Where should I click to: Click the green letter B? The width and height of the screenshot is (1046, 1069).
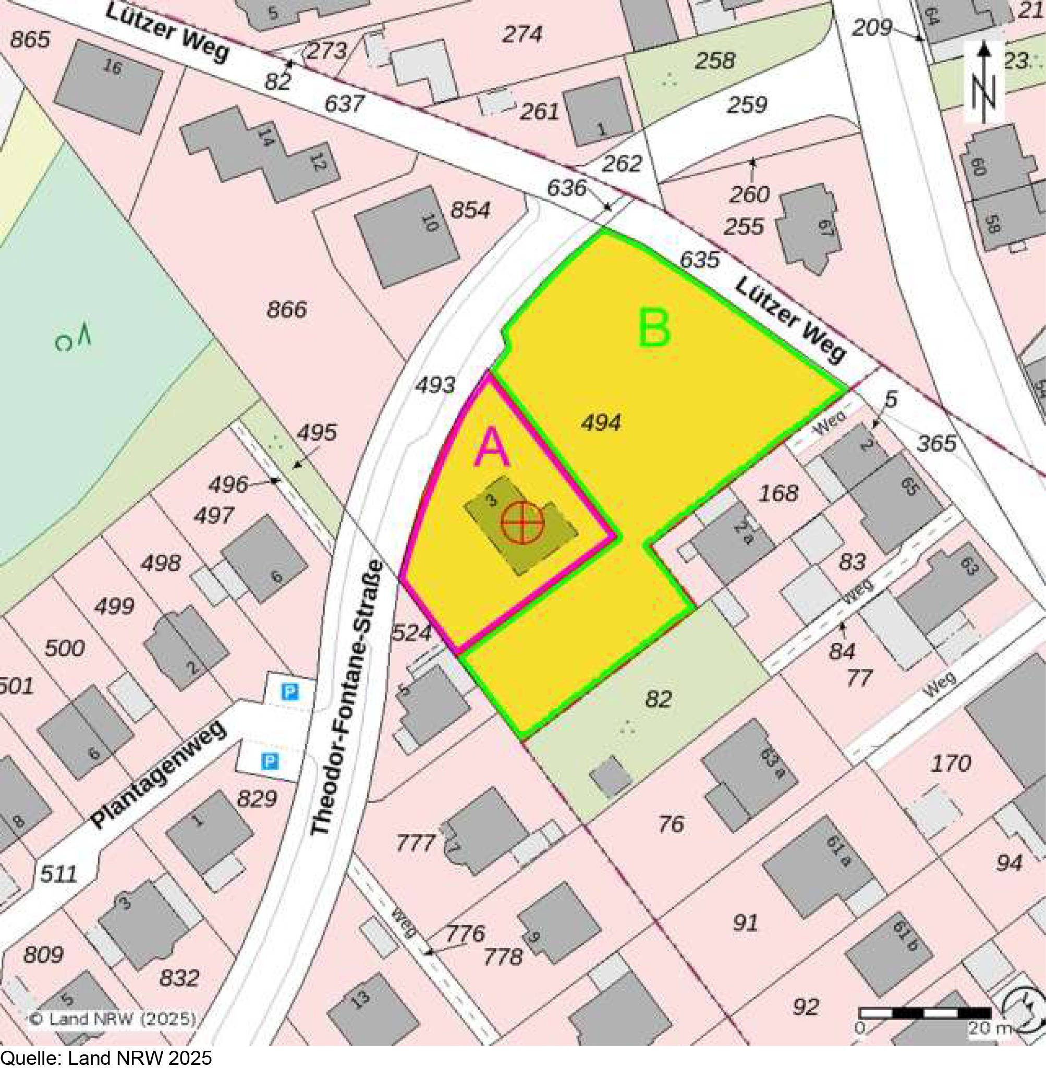[654, 329]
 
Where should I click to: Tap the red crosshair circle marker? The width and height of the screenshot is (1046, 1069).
[522, 522]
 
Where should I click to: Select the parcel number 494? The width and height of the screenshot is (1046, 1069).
[602, 422]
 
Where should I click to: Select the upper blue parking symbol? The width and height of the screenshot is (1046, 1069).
[289, 691]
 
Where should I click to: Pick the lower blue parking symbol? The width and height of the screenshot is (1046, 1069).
[269, 761]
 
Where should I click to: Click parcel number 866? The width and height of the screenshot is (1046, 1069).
[286, 310]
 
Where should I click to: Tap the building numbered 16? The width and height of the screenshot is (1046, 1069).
[109, 87]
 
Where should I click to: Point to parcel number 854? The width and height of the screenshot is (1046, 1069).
[470, 210]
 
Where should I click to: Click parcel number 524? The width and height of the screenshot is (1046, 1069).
[411, 634]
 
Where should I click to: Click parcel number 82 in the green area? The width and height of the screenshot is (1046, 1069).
[658, 699]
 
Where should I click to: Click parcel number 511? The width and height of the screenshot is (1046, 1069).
[59, 873]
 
